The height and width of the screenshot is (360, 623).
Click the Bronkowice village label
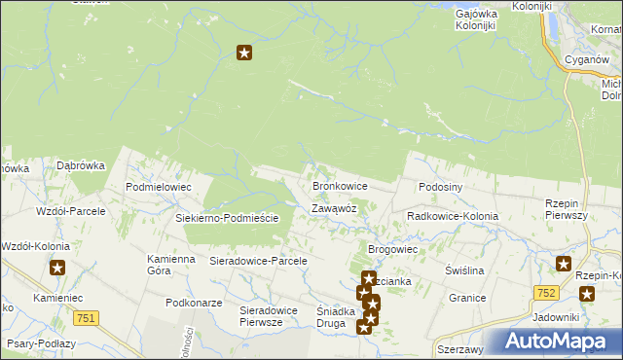point(339,185)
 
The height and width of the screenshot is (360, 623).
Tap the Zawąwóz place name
point(334,208)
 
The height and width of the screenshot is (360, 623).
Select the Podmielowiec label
point(159,186)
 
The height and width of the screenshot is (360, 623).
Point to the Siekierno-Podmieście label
point(227,218)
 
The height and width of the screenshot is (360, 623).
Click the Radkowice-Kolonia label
point(453,216)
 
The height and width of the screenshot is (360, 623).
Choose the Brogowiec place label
point(392,250)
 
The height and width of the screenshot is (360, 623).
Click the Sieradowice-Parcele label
point(259,261)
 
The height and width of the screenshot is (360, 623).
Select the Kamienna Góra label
point(171,265)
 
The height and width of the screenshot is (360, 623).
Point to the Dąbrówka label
point(80,166)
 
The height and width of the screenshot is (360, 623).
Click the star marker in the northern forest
point(244,54)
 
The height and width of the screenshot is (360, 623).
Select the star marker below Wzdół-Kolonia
point(57,269)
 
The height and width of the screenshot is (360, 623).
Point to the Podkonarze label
point(190,303)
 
